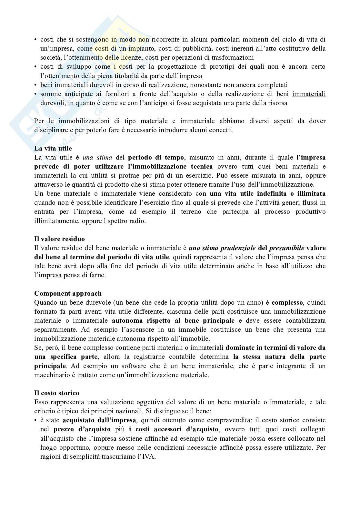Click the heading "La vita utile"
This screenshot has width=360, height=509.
pyautogui.click(x=53, y=149)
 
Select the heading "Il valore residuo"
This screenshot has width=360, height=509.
pyautogui.click(x=60, y=239)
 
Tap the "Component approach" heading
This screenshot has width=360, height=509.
pyautogui.click(x=68, y=294)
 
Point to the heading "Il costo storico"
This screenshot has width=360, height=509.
pyautogui.click(x=57, y=393)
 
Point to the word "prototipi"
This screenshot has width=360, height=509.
pyautogui.click(x=242, y=67)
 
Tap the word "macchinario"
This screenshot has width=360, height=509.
pyautogui.click(x=52, y=375)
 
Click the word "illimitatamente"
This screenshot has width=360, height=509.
pyautogui.click(x=54, y=221)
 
